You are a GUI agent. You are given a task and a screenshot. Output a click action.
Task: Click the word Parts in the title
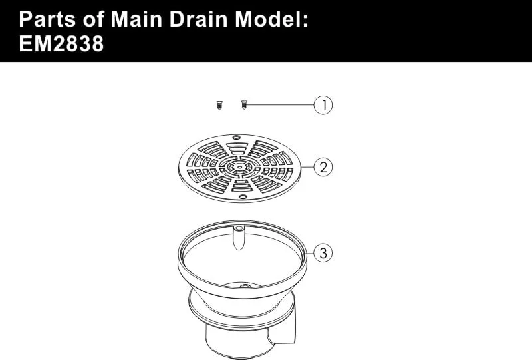(x=47, y=19)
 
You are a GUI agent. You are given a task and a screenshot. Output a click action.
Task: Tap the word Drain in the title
(x=198, y=19)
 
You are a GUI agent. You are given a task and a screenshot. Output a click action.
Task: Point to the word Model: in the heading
(x=271, y=19)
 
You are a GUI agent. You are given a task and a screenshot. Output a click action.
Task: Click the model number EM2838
(x=61, y=44)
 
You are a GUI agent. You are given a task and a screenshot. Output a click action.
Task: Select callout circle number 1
(x=323, y=105)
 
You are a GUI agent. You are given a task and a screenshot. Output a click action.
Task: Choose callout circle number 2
(x=323, y=167)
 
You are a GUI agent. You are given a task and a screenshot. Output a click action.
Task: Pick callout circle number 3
(x=323, y=253)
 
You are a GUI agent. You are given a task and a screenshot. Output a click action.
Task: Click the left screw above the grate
(x=220, y=105)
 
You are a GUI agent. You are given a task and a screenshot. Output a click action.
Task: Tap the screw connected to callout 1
(x=243, y=105)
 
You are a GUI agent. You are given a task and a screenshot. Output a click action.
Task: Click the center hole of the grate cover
(x=239, y=167)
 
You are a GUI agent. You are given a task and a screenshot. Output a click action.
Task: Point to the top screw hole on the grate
(x=237, y=138)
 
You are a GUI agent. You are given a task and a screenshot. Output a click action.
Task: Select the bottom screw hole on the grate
(x=243, y=197)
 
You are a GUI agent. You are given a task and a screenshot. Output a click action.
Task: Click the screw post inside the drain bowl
(x=239, y=237)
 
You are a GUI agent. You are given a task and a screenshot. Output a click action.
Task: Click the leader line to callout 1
(x=280, y=105)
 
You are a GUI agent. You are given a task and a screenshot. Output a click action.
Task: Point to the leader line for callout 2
(x=307, y=167)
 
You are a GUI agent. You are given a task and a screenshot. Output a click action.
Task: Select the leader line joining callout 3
(x=309, y=253)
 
